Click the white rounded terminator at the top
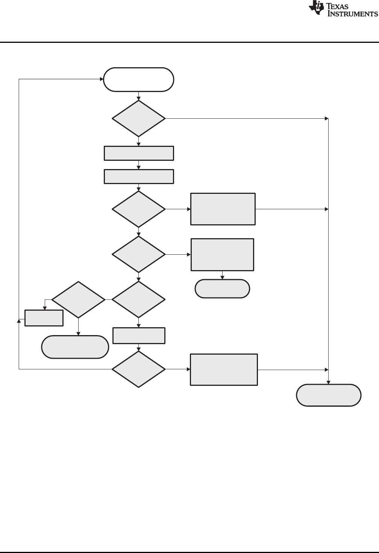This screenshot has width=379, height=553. click(x=139, y=79)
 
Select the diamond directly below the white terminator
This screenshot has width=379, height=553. click(x=139, y=118)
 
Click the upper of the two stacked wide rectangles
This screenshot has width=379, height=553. click(x=139, y=153)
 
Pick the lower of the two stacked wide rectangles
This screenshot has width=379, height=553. click(x=139, y=177)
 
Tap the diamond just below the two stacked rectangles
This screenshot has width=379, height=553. click(x=139, y=209)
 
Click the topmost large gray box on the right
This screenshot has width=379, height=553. click(x=223, y=209)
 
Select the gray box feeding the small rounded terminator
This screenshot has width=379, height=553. click(x=222, y=254)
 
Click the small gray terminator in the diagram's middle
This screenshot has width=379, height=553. click(x=222, y=289)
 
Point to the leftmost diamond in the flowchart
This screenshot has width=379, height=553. click(x=78, y=300)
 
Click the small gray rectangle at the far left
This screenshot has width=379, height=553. click(x=44, y=318)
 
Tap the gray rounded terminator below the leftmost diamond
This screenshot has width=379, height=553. click(x=75, y=347)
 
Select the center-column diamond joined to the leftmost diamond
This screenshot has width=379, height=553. click(x=139, y=300)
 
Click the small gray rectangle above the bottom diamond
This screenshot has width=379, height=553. click(x=139, y=335)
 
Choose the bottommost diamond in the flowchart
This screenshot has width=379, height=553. click(x=139, y=369)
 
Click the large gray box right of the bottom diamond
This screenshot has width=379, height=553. click(x=224, y=369)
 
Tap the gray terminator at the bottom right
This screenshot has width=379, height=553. click(x=329, y=395)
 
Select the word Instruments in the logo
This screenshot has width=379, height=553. click(x=353, y=14)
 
